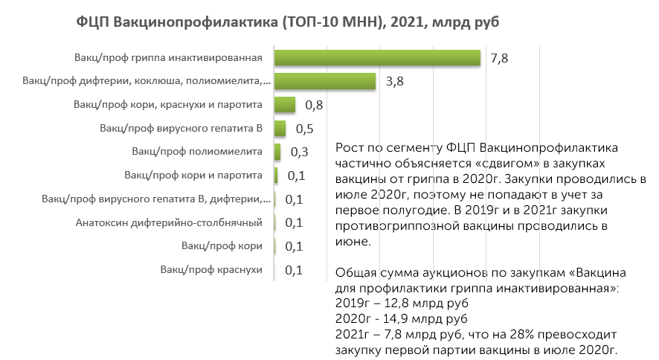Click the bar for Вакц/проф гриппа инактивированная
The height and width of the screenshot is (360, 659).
pos(377,57)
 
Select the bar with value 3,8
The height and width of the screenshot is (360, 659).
pos(325,81)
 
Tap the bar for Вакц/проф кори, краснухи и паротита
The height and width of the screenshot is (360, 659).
pos(285,105)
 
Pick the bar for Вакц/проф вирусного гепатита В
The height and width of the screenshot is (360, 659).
pos(280,128)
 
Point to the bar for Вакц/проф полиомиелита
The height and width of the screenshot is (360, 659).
pos(277,152)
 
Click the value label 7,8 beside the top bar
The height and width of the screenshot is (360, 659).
pos(499,58)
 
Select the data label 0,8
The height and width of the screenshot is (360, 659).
pos(314,105)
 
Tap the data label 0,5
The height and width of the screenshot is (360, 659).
pos(305,129)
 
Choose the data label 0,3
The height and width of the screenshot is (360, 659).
pos(299,152)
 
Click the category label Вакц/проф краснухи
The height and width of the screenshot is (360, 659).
pos(211,269)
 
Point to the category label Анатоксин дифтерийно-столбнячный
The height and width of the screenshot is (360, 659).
pos(169,222)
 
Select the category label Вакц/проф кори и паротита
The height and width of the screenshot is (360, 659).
pos(193,176)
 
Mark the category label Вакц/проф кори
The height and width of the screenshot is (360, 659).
pos(222,245)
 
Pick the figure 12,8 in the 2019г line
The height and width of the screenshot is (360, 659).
pos(396,303)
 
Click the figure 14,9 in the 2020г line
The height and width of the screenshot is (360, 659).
pos(396,318)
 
